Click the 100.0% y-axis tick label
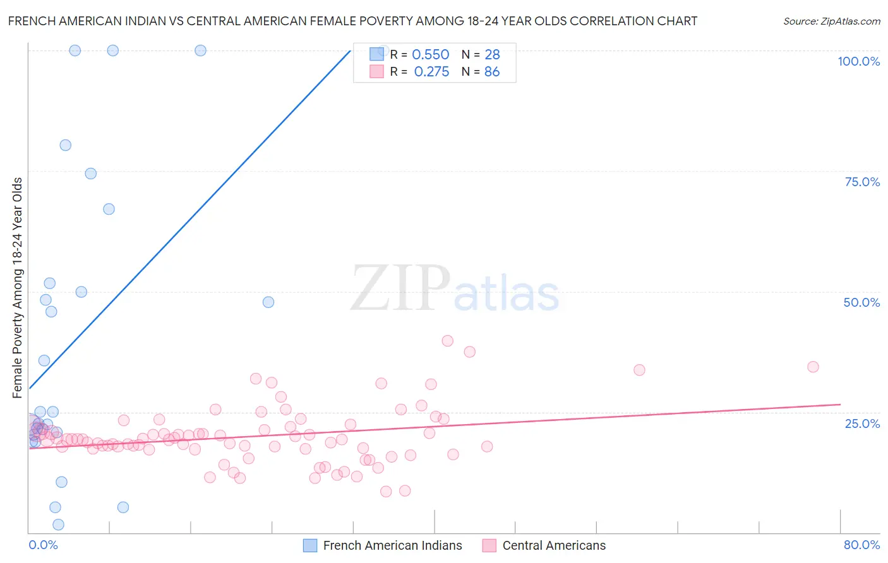[x=858, y=61]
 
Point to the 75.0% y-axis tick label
[x=862, y=182]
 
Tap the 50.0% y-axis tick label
[x=861, y=302]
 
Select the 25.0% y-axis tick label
[x=862, y=423]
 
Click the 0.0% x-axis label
[x=43, y=545]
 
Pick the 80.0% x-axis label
[x=861, y=545]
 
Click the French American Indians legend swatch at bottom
[x=310, y=545]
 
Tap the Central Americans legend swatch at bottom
[x=489, y=545]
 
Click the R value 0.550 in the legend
[x=430, y=54]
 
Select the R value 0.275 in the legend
[x=431, y=72]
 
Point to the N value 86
[x=492, y=72]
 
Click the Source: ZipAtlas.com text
[x=831, y=21]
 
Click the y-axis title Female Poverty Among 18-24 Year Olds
[x=17, y=288]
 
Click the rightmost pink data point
[x=813, y=367]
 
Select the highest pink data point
[x=447, y=341]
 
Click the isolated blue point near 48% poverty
[x=268, y=302]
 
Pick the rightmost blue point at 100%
[x=200, y=50]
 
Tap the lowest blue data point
[x=58, y=524]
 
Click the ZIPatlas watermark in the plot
[x=455, y=289]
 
